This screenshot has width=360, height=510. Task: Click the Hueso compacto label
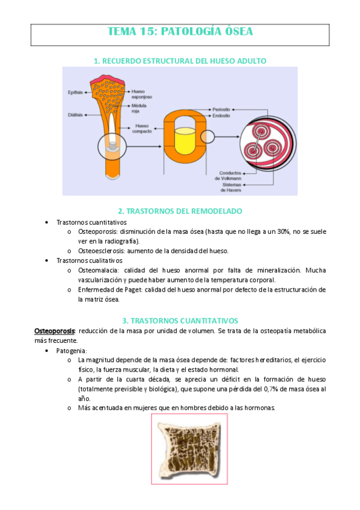143,128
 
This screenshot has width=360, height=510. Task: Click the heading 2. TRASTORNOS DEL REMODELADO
180,211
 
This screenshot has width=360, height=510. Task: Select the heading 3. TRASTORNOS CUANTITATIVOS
180,321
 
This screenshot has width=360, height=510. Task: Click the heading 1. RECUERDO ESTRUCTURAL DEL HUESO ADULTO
180,61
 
